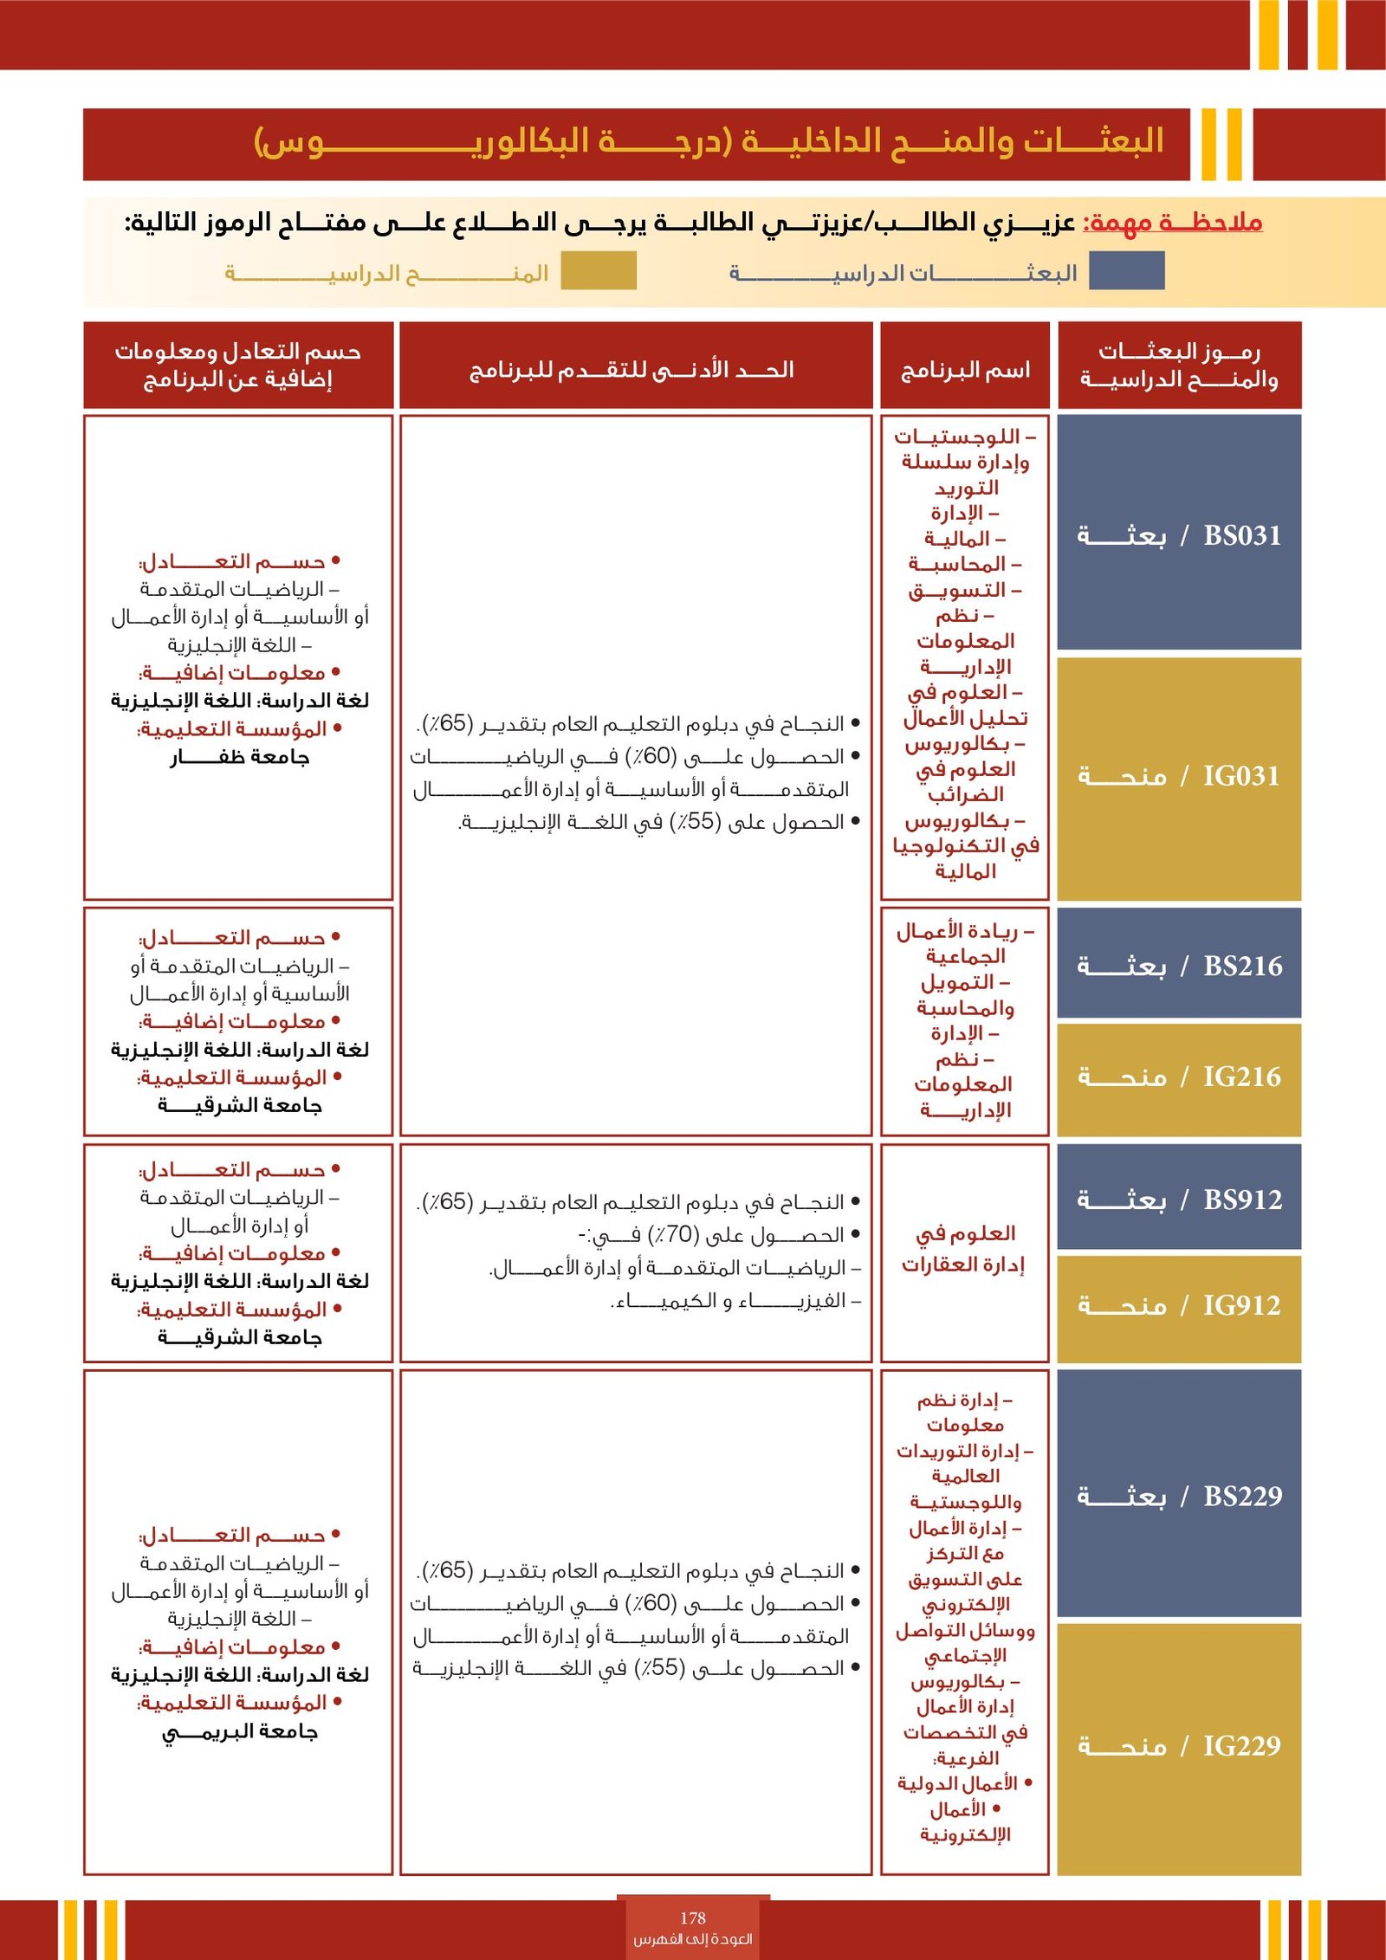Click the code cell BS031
[1178, 534]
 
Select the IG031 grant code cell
[1178, 776]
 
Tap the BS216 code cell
[1178, 965]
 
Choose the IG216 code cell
[1178, 1077]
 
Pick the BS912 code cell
[1178, 1200]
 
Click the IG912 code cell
[1178, 1305]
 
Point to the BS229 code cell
[1178, 1496]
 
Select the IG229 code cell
[1178, 1746]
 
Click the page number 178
[692, 1918]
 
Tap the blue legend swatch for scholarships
[1125, 270]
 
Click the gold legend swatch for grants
[598, 270]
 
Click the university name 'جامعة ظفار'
[239, 758]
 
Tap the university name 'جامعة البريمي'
[240, 1731]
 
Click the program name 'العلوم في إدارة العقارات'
[964, 1249]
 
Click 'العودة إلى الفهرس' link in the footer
[692, 1939]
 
